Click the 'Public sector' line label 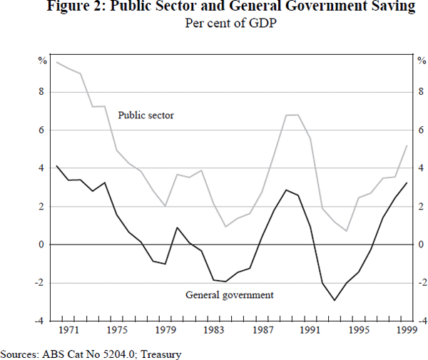pyautogui.click(x=146, y=115)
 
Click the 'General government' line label pyautogui.click(x=230, y=294)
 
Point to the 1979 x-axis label pyautogui.click(x=165, y=330)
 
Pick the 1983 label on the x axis pyautogui.click(x=214, y=330)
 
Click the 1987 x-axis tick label pyautogui.click(x=263, y=330)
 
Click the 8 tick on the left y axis pyautogui.click(x=42, y=92)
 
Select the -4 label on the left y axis pyautogui.click(x=41, y=321)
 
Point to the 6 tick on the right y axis pyautogui.click(x=419, y=130)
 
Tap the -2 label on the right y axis pyautogui.click(x=419, y=283)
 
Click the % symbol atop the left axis pyautogui.click(x=42, y=59)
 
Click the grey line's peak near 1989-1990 pyautogui.click(x=292, y=115)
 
